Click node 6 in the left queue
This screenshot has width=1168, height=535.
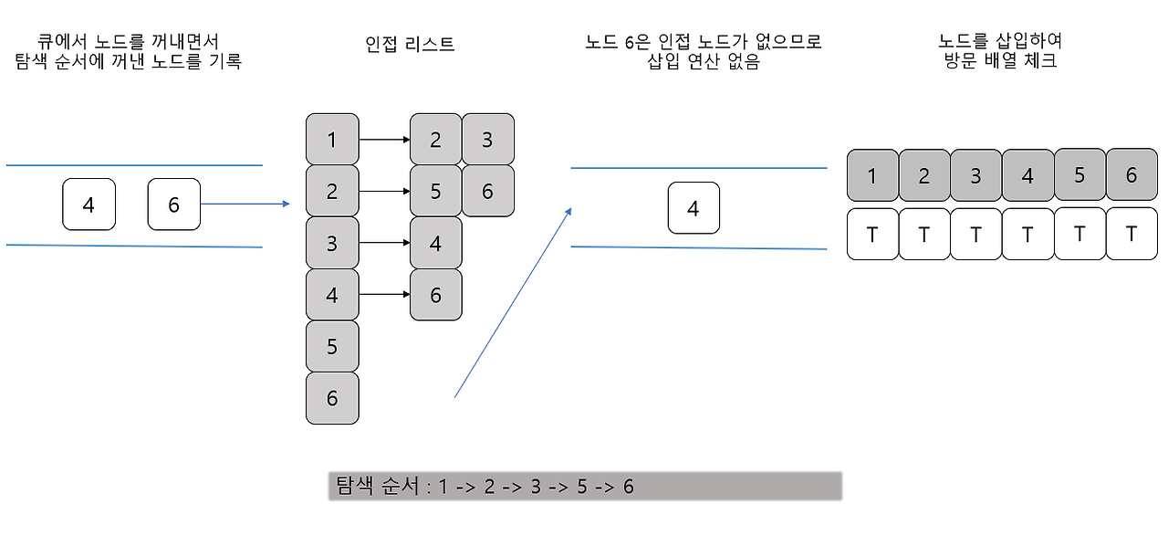coord(173,205)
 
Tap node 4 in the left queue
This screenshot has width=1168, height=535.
coord(89,205)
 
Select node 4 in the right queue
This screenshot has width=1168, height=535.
coord(693,208)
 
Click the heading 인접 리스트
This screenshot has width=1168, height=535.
coord(409,44)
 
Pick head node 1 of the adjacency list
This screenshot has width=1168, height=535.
coord(331,140)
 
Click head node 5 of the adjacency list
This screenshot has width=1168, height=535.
coord(331,347)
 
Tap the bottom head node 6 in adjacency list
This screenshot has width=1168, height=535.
coord(331,398)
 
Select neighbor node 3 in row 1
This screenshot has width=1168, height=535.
coord(488,140)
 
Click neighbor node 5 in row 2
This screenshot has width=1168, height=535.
coord(435,191)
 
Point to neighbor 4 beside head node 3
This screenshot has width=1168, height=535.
coord(435,244)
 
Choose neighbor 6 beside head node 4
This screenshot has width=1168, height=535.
coord(435,295)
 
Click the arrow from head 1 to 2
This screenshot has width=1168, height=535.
coord(383,140)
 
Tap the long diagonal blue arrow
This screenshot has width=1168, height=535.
coord(513,302)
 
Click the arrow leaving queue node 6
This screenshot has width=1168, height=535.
coord(245,205)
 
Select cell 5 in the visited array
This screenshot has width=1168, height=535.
coord(1079,175)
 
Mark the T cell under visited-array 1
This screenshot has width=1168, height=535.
coord(872,235)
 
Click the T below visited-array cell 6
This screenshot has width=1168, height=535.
coord(1131,235)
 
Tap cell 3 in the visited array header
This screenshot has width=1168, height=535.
coord(975,175)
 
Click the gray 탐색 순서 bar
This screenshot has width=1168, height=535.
coord(584,486)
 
